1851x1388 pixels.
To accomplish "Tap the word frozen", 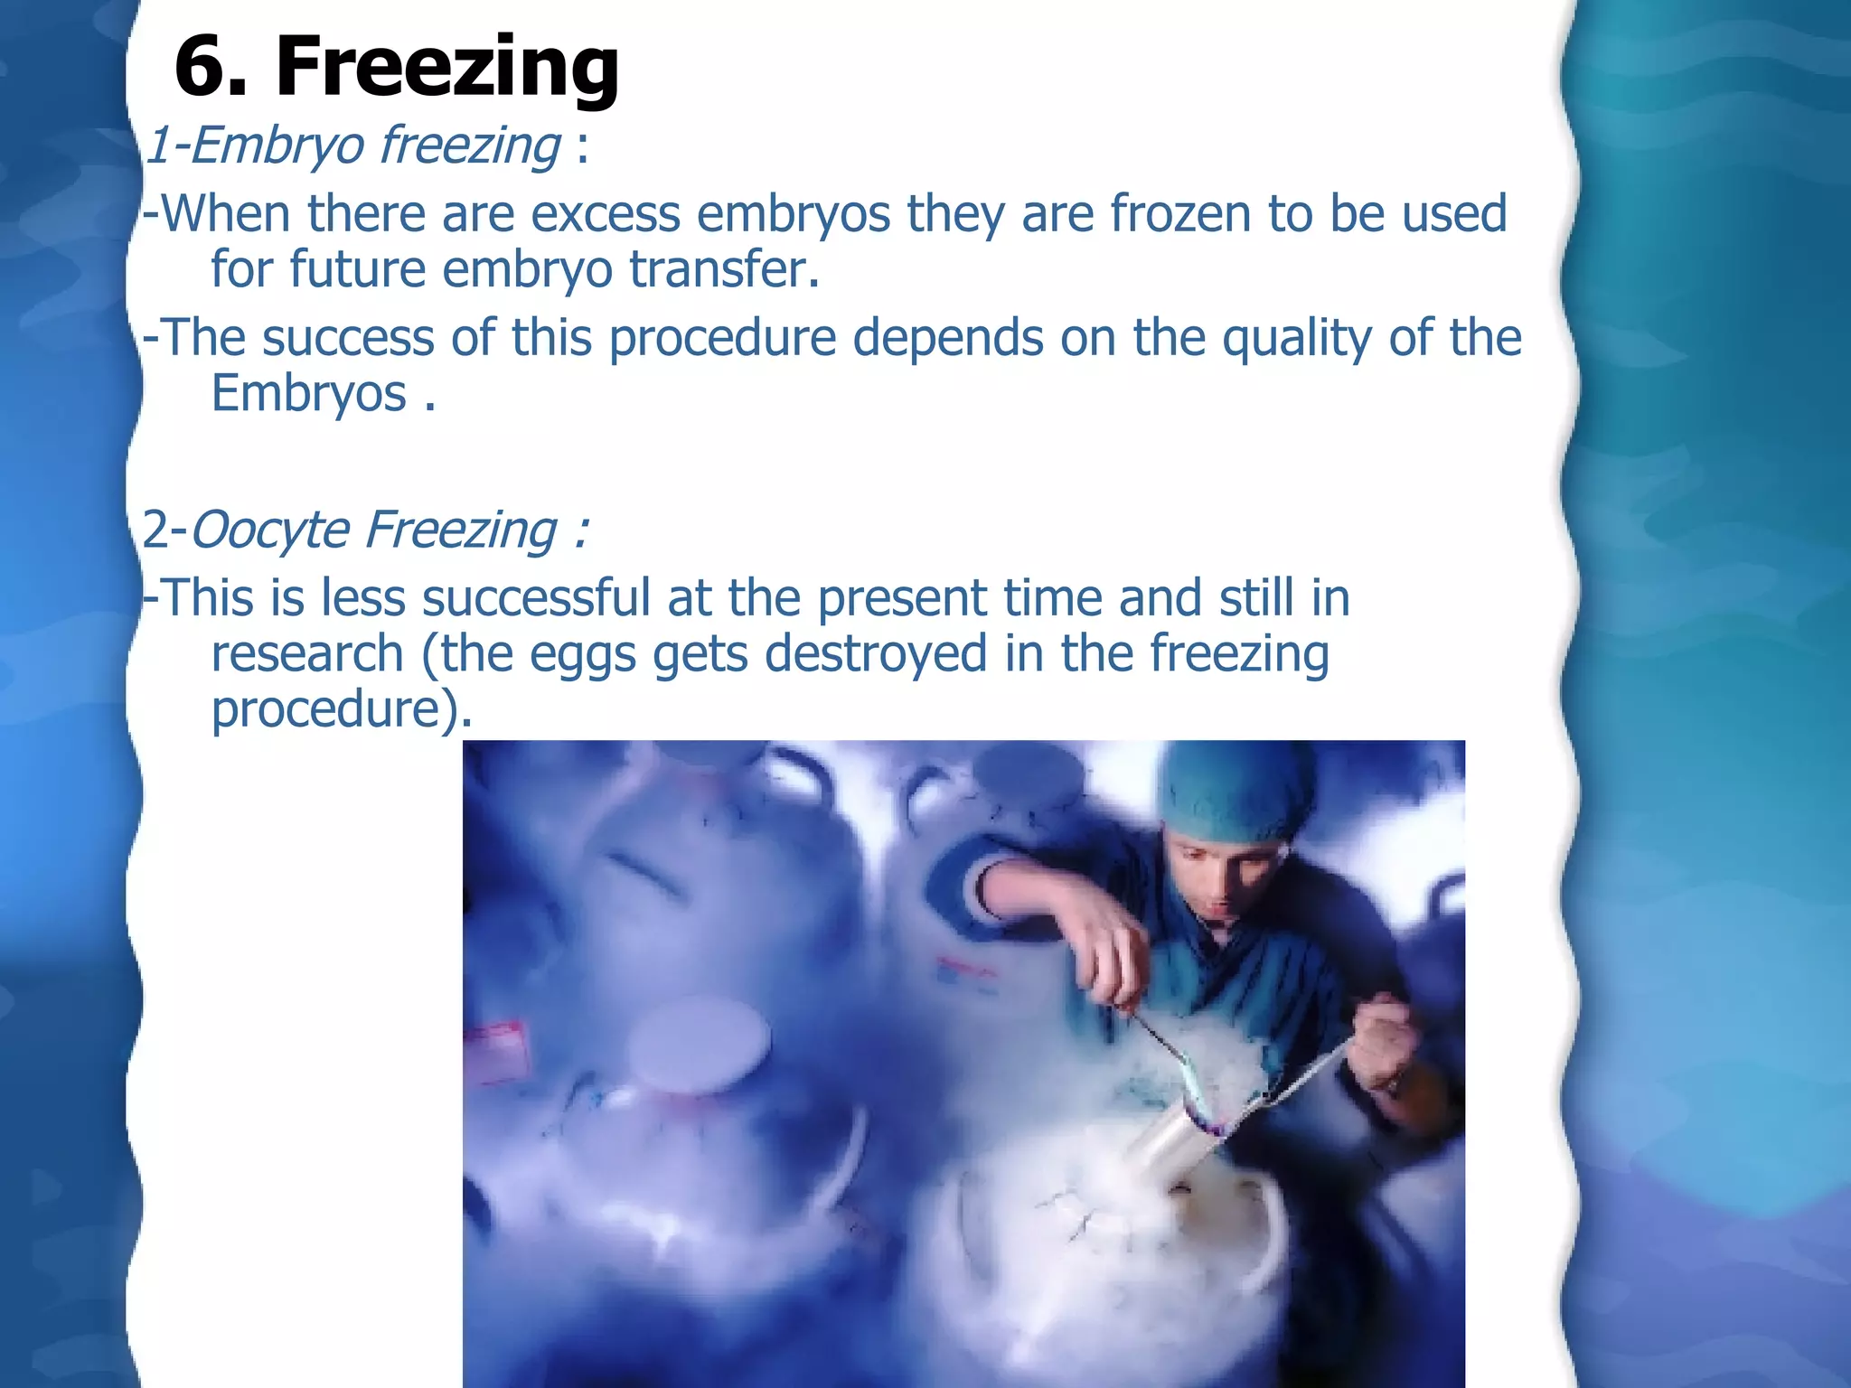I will click(1179, 214).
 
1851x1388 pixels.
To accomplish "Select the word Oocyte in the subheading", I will click(268, 530).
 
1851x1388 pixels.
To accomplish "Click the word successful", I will click(535, 598).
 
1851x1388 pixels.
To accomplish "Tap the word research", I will click(307, 653).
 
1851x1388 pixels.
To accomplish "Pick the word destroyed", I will click(875, 653).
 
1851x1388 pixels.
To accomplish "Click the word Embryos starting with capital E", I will click(308, 395).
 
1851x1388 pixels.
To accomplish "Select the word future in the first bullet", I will click(357, 269).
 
